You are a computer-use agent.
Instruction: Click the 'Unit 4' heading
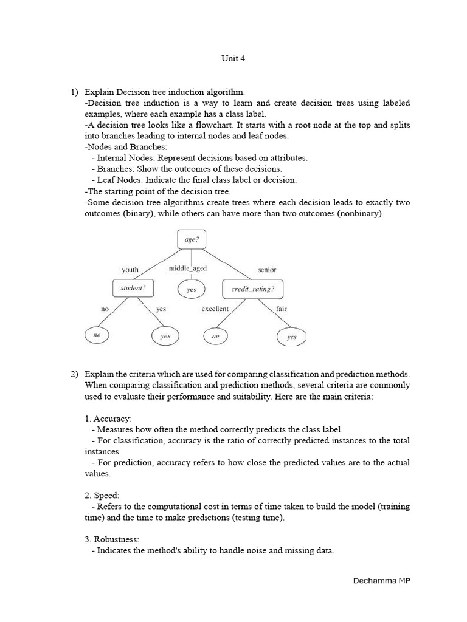click(x=233, y=59)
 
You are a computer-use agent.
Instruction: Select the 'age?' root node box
click(x=191, y=239)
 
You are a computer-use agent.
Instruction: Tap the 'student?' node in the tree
click(x=133, y=288)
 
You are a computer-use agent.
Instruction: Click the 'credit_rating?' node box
click(x=252, y=289)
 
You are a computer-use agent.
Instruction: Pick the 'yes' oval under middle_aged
click(x=192, y=290)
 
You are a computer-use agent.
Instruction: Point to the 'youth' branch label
click(x=130, y=270)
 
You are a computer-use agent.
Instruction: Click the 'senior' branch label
click(x=267, y=270)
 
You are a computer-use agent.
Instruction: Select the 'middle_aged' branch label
click(x=188, y=268)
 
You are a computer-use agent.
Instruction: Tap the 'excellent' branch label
click(x=215, y=309)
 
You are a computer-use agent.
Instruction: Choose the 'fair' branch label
click(x=281, y=309)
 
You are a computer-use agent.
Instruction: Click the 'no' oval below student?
click(x=97, y=335)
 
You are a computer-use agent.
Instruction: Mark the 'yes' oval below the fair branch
click(x=292, y=337)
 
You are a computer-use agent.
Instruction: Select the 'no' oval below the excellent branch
click(x=215, y=335)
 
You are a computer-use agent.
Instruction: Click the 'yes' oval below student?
click(x=165, y=336)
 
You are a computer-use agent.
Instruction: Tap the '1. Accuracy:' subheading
click(x=108, y=419)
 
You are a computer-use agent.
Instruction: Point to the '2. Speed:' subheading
click(x=102, y=496)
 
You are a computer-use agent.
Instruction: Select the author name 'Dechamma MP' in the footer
click(x=382, y=581)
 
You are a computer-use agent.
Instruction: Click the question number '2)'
click(x=74, y=374)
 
